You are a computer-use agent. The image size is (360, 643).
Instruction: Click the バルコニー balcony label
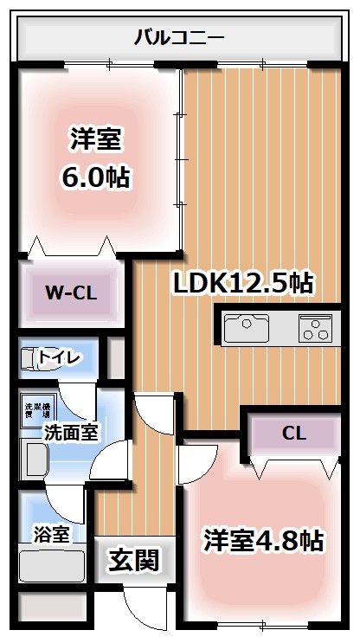[x=180, y=37]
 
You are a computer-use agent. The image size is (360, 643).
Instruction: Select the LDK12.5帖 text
[x=243, y=282]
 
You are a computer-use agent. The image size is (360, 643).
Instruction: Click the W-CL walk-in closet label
[x=70, y=292]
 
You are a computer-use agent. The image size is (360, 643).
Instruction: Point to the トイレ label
[x=60, y=357]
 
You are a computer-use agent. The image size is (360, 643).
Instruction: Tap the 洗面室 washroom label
[x=71, y=430]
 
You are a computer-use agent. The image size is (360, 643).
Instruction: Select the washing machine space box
[x=36, y=410]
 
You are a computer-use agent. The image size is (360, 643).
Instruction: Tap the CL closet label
[x=293, y=434]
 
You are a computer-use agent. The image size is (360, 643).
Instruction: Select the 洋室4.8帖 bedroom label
[x=263, y=540]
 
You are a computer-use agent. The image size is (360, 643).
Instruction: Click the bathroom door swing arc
[x=62, y=505]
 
